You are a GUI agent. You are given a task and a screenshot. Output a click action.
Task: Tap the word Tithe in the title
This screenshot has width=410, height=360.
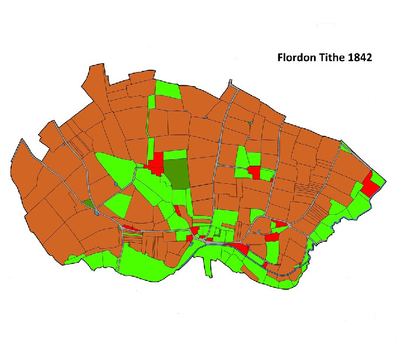point(334,59)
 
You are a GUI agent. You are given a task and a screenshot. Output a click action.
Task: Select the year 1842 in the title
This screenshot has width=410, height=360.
point(361,59)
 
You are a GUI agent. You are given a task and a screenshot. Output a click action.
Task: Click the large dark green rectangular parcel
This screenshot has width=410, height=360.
point(176,173)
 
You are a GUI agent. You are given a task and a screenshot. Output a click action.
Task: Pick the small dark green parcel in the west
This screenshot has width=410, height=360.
point(88,203)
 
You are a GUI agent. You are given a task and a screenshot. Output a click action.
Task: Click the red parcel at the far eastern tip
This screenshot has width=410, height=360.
point(370,186)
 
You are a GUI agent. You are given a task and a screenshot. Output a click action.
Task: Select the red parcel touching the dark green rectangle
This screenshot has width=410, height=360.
point(157,163)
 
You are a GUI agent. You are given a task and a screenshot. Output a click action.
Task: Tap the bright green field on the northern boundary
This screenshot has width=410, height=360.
point(167,89)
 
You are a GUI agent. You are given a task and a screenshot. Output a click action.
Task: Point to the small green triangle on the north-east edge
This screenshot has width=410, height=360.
point(345,146)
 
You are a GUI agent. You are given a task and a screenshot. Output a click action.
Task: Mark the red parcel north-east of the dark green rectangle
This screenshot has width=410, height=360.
point(254,172)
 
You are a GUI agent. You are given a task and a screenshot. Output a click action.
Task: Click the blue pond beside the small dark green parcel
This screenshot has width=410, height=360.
point(95,212)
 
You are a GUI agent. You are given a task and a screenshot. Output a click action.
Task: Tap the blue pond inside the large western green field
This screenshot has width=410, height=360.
point(116,186)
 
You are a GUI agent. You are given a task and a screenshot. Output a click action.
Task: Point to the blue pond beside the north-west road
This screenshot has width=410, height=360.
point(62,144)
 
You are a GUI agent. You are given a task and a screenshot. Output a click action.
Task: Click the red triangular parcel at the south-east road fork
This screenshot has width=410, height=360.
point(280,224)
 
